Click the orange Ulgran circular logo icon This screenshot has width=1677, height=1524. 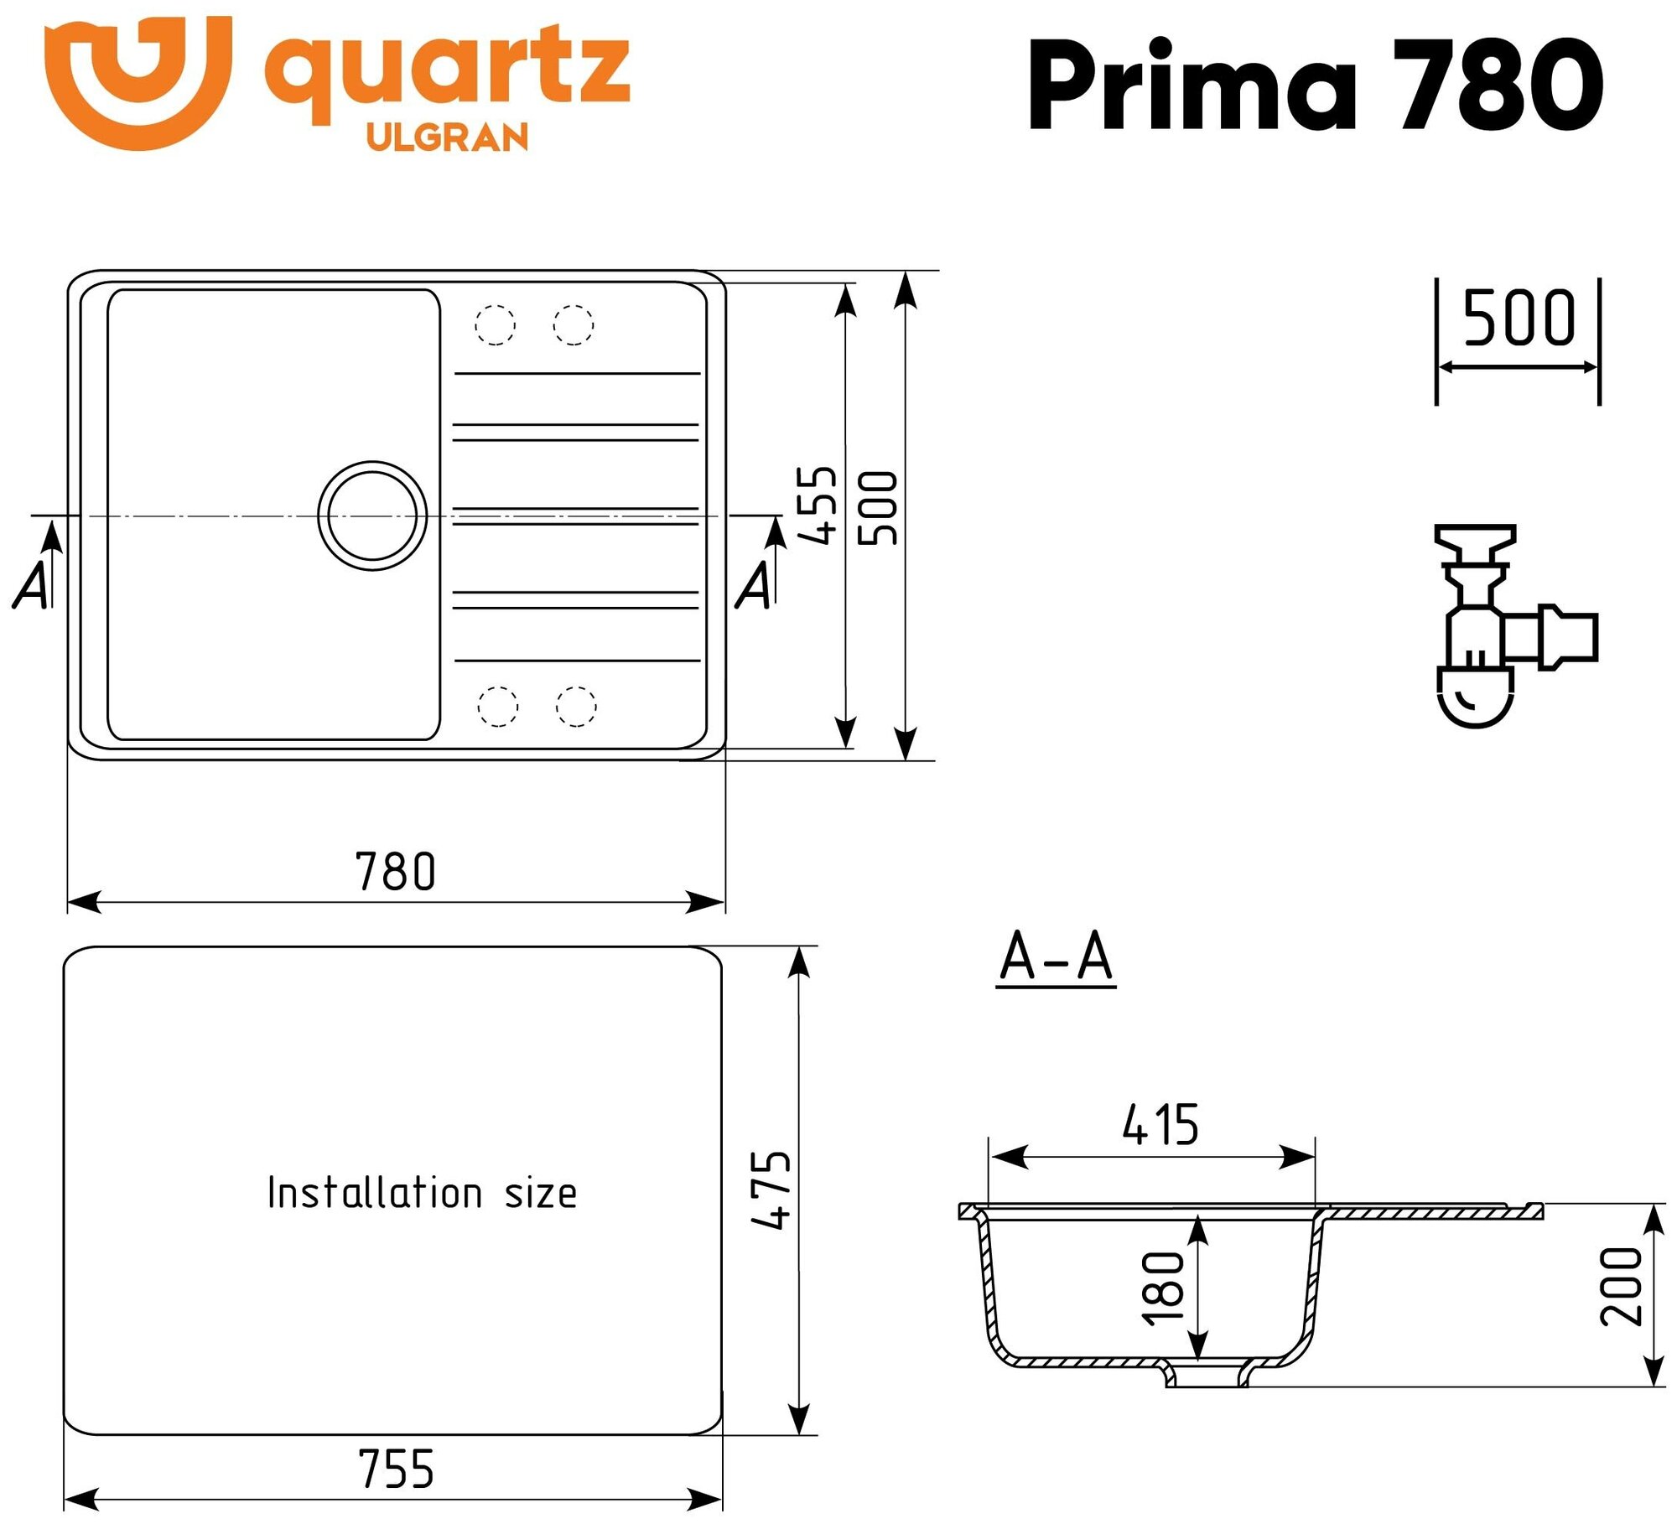138,81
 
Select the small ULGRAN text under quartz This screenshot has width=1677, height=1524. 448,137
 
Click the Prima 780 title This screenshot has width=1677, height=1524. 1315,84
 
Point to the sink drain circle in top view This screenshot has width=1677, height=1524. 372,516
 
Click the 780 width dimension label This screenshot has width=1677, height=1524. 396,872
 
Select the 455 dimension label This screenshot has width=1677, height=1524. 817,505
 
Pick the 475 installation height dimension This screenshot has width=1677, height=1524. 771,1190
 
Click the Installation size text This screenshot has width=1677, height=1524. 422,1193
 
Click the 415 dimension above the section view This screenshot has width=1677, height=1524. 1160,1124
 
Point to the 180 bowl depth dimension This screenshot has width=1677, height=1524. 1164,1288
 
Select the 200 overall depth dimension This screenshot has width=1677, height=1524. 1620,1287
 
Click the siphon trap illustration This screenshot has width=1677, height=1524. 1501,626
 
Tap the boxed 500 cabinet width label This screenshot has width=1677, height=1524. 1519,319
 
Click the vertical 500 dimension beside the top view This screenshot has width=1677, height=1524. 878,508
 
